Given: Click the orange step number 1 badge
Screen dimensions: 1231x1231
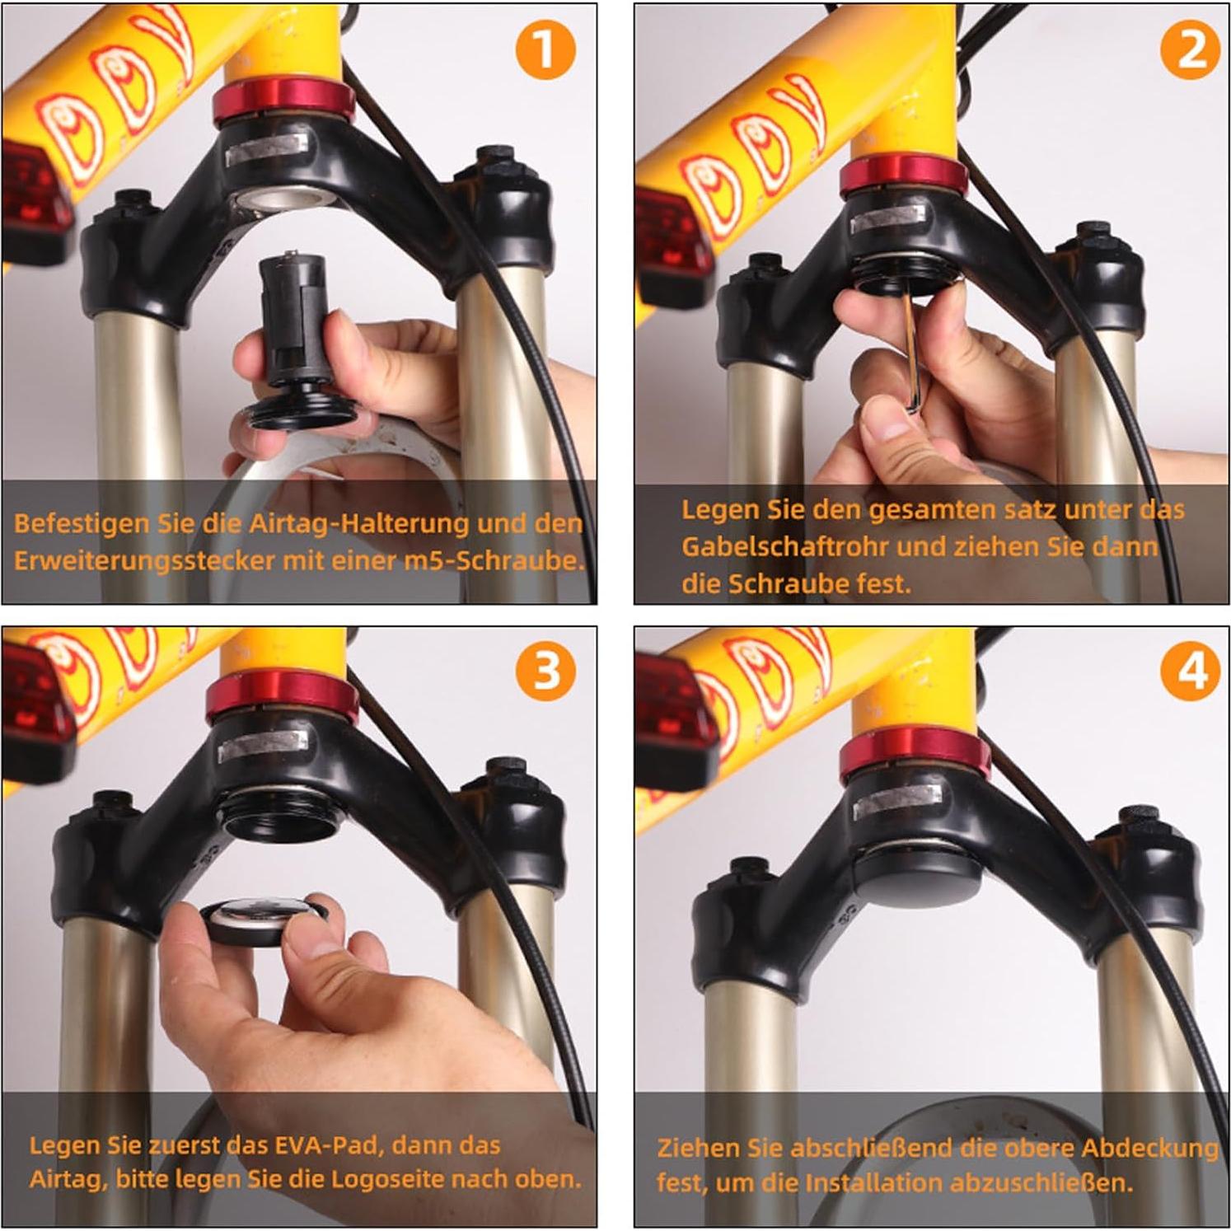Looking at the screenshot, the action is [545, 50].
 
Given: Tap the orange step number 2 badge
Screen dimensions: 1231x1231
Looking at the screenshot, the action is [1190, 50].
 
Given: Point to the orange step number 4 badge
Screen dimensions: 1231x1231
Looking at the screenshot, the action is [1190, 672].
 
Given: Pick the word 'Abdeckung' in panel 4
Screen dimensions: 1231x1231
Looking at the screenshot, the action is [1149, 1148].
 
